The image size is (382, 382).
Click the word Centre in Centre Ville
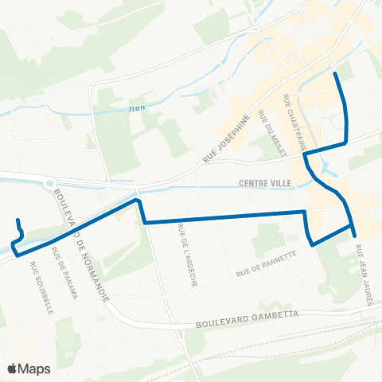click(254, 183)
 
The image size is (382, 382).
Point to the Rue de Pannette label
click(266, 265)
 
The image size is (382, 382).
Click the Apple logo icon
click(14, 368)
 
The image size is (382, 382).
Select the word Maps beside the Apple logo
click(36, 368)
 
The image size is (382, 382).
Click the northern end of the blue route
click(335, 73)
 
